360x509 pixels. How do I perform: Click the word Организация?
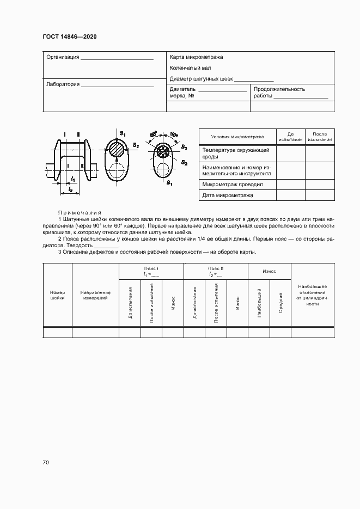[x=63, y=57]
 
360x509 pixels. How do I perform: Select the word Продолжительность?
[x=279, y=89]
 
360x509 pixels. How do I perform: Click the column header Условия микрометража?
[x=237, y=137]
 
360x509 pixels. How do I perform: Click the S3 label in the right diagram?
[x=185, y=148]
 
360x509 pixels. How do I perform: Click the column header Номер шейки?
[x=57, y=295]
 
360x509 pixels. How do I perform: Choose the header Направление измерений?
[x=95, y=295]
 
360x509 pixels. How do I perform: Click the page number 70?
[x=46, y=463]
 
